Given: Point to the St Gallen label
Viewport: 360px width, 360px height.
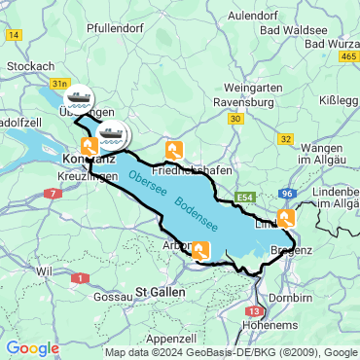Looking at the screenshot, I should click(155, 291).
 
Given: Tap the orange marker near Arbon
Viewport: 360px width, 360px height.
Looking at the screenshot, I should click(200, 251).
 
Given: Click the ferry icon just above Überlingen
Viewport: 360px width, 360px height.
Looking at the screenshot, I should click(78, 96).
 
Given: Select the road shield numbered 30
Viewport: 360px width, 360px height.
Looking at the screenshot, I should click(235, 118).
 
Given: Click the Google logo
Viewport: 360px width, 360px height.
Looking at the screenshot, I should click(32, 347).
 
